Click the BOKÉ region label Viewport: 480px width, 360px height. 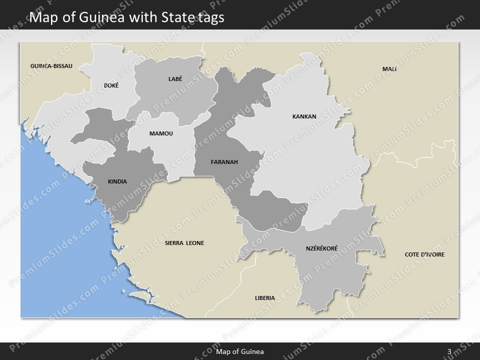pos(111,85)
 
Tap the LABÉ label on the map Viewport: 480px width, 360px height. pos(175,78)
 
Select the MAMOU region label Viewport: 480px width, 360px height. pos(160,133)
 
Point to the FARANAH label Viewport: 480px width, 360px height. pos(224,162)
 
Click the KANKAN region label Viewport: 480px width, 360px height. pos(304,116)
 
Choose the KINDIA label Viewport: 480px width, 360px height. pos(117,181)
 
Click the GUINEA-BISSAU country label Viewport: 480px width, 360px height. pos(51,66)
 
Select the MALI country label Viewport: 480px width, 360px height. pos(389,69)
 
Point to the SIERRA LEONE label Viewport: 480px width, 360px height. pos(184,243)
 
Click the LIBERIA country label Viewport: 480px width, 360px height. pos(264,298)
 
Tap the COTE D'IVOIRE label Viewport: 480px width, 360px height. pos(424,254)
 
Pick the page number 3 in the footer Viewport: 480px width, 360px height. pos(449,351)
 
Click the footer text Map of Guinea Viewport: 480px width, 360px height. pos(239,351)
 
